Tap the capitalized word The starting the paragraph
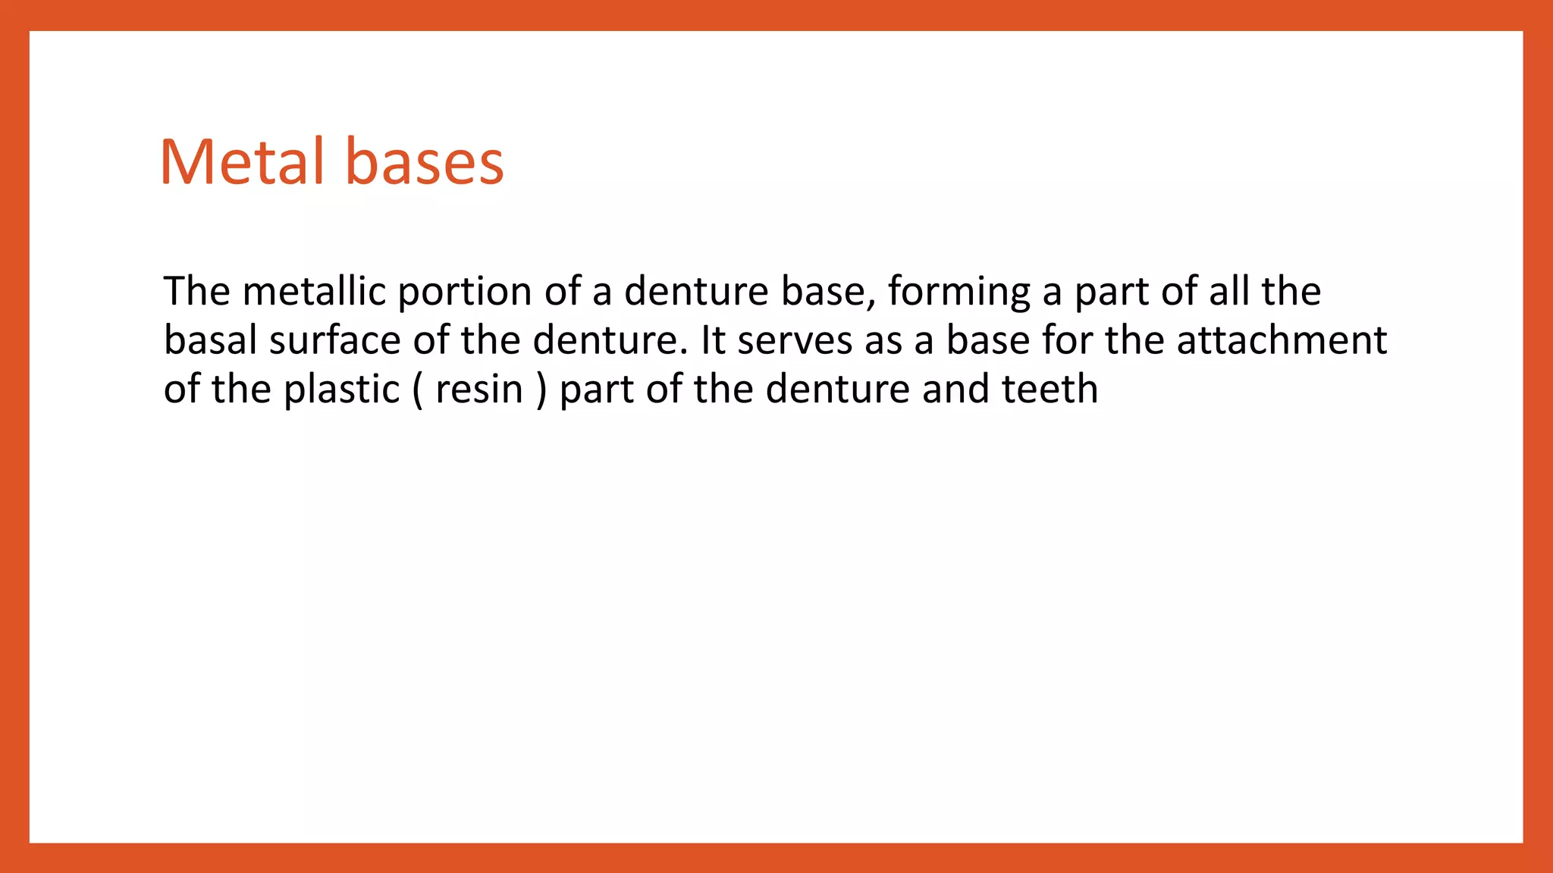pyautogui.click(x=196, y=291)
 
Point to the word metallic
pyautogui.click(x=314, y=291)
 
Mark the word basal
pyautogui.click(x=210, y=339)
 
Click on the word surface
pyautogui.click(x=334, y=339)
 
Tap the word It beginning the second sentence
pyautogui.click(x=713, y=339)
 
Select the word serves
pyautogui.click(x=794, y=341)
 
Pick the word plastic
pyautogui.click(x=341, y=390)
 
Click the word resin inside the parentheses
pyautogui.click(x=479, y=390)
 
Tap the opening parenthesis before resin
pyautogui.click(x=419, y=390)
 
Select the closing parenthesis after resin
pyautogui.click(x=541, y=390)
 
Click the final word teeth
pyautogui.click(x=1049, y=389)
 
